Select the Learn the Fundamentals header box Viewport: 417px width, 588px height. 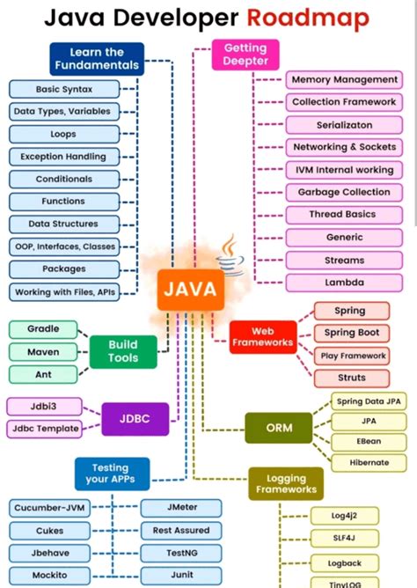(x=97, y=58)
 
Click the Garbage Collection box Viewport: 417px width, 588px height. (x=343, y=192)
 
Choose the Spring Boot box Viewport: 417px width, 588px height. (x=351, y=333)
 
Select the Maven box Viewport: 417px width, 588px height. (x=43, y=351)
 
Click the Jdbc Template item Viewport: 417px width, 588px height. (x=45, y=429)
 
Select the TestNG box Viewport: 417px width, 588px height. (x=175, y=553)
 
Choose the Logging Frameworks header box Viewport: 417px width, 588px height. (x=285, y=482)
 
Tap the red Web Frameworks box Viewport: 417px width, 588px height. (x=261, y=336)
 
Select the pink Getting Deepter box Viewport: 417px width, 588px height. (x=245, y=55)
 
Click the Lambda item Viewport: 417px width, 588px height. (x=343, y=283)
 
